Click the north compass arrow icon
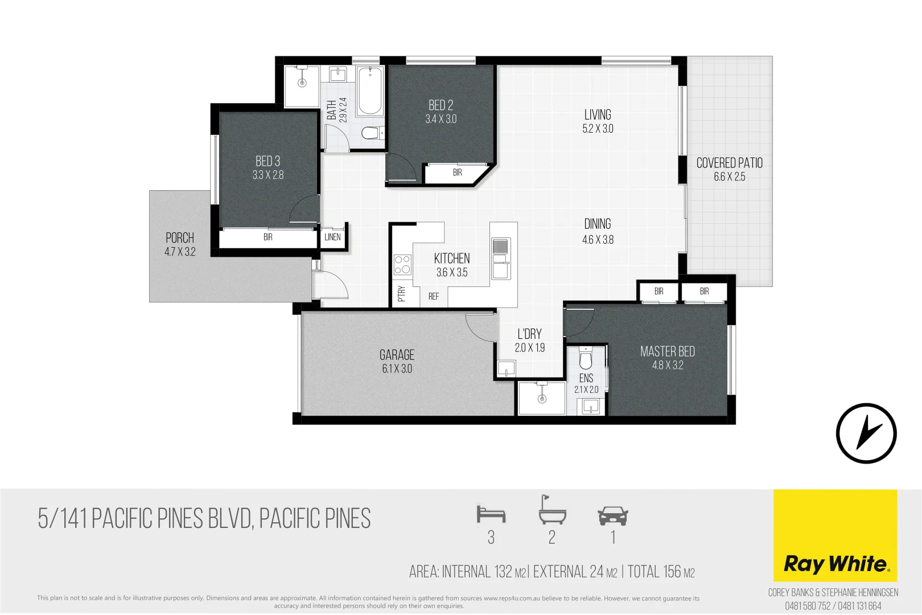tap(866, 433)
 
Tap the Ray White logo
tap(835, 564)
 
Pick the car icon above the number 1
tap(613, 516)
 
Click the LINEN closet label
tap(332, 237)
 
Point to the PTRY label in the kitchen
tap(401, 294)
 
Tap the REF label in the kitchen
tap(434, 296)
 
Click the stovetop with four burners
tap(402, 265)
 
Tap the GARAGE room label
tap(397, 355)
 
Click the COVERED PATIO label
tap(729, 163)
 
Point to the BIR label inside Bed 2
tap(457, 173)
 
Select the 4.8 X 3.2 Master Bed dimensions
tap(667, 366)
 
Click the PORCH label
tap(180, 238)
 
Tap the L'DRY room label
tap(529, 334)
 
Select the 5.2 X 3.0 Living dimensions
tap(598, 129)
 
